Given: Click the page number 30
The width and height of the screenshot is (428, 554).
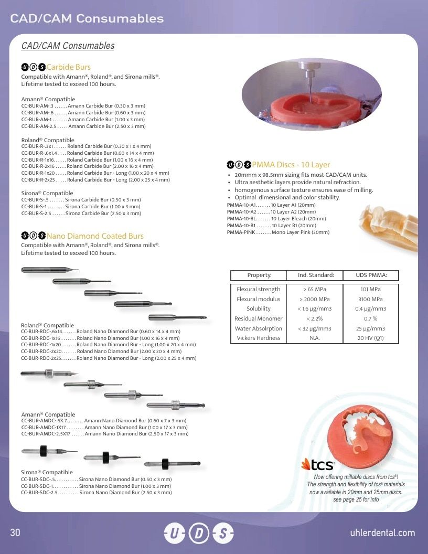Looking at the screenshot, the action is click(15, 532).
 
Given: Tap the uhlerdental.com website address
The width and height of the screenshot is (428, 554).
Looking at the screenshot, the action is click(382, 532).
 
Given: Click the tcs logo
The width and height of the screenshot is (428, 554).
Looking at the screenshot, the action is click(317, 465).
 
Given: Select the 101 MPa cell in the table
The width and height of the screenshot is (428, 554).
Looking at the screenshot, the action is click(370, 289).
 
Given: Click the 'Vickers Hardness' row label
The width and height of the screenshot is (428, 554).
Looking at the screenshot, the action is click(259, 338).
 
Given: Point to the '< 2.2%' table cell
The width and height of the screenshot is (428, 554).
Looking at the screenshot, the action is click(315, 318).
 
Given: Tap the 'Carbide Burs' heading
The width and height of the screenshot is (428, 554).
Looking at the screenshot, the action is click(69, 67).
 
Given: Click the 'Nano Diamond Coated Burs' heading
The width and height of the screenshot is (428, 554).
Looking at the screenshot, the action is click(95, 236).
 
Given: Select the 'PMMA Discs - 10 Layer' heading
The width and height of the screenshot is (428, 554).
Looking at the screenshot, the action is click(291, 164).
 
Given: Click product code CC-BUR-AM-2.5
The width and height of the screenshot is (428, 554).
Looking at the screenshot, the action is click(38, 126).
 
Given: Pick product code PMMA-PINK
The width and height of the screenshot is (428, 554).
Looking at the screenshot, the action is click(241, 232).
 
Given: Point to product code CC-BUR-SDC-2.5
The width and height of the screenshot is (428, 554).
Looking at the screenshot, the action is click(39, 492).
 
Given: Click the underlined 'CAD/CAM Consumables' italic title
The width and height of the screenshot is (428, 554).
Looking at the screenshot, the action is click(68, 46).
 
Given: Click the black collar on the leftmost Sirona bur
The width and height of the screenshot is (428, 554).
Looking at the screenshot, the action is click(44, 451).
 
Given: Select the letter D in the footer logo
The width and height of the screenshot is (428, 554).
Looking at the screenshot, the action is click(198, 533).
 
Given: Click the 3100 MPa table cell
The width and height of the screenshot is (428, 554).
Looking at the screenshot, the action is click(370, 299).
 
